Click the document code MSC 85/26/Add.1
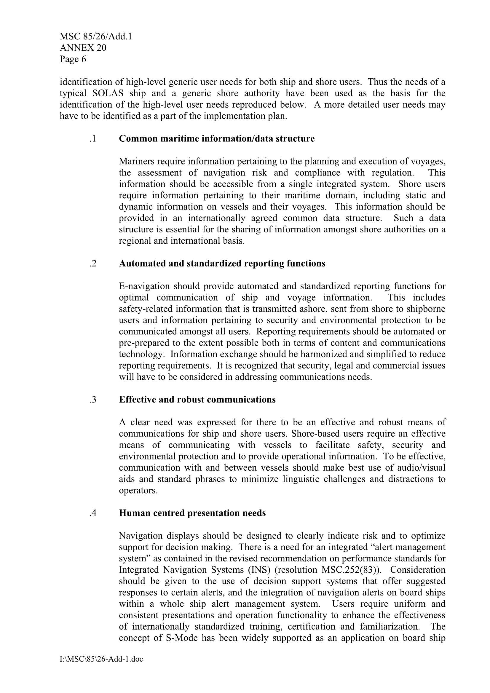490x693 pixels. pyautogui.click(x=96, y=36)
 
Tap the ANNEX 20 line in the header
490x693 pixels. pyautogui.click(x=83, y=48)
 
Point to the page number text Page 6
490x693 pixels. pyautogui.click(x=73, y=59)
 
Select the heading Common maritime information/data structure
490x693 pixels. pyautogui.click(x=216, y=138)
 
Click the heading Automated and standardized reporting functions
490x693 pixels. pyautogui.click(x=222, y=264)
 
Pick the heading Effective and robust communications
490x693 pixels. pyautogui.click(x=197, y=400)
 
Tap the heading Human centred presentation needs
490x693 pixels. pyautogui.click(x=192, y=513)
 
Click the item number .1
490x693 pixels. pyautogui.click(x=93, y=138)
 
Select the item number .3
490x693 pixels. pyautogui.click(x=93, y=400)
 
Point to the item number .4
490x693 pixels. pyautogui.click(x=93, y=513)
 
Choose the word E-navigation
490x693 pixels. pyautogui.click(x=144, y=286)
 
